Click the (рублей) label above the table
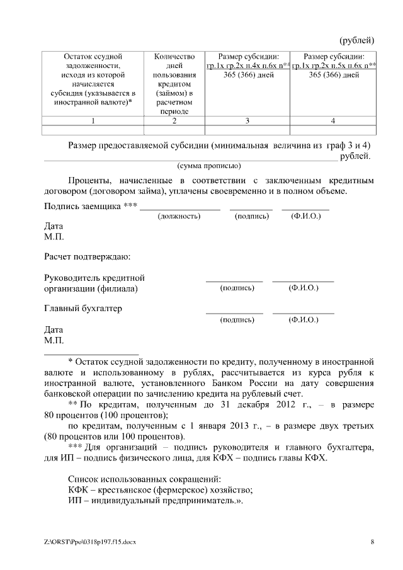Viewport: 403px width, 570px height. (357, 42)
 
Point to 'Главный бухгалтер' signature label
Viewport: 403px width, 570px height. (83, 309)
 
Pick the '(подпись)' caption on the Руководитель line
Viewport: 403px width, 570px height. (237, 288)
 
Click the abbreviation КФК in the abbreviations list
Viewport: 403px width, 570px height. (78, 490)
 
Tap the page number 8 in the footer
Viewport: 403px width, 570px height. (372, 542)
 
